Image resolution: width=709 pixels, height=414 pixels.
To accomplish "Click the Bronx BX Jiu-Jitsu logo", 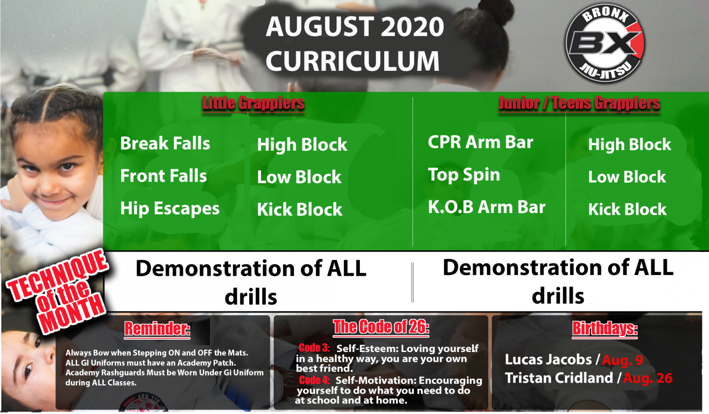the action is pyautogui.click(x=605, y=43).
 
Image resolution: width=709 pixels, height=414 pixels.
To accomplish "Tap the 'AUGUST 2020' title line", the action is pyautogui.click(x=355, y=27).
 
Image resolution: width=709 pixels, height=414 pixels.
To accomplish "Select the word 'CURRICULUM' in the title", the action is pyautogui.click(x=353, y=62).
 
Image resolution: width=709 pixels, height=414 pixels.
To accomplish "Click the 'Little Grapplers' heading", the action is pyautogui.click(x=253, y=103).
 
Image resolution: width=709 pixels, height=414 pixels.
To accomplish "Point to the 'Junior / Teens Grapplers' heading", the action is pyautogui.click(x=579, y=103).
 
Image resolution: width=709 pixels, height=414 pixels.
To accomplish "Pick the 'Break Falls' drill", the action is pyautogui.click(x=165, y=143).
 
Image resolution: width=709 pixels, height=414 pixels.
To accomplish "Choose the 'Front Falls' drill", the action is pyautogui.click(x=164, y=176).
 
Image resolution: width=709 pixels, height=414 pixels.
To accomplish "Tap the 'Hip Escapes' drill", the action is pyautogui.click(x=170, y=209).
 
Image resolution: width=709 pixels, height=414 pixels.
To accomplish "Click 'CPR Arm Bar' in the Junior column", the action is pyautogui.click(x=480, y=142).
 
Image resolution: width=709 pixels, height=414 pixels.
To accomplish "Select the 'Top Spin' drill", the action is pyautogui.click(x=464, y=175).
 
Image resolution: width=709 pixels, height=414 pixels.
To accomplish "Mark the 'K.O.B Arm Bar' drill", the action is pyautogui.click(x=487, y=207).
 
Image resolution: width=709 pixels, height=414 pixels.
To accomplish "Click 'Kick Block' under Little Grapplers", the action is pyautogui.click(x=300, y=209).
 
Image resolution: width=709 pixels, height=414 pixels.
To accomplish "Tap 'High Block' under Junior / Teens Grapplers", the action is pyautogui.click(x=630, y=144).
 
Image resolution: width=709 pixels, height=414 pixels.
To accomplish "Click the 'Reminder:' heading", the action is pyautogui.click(x=157, y=329).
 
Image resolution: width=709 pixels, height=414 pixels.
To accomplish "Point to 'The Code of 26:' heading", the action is pyautogui.click(x=381, y=327).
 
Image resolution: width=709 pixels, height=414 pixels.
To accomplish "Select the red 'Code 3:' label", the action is pyautogui.click(x=314, y=348).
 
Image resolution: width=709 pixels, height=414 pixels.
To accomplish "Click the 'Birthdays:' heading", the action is pyautogui.click(x=605, y=329).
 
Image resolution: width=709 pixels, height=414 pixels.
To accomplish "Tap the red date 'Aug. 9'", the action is pyautogui.click(x=623, y=360).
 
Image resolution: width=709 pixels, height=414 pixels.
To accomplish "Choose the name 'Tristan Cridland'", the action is pyautogui.click(x=559, y=378).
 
